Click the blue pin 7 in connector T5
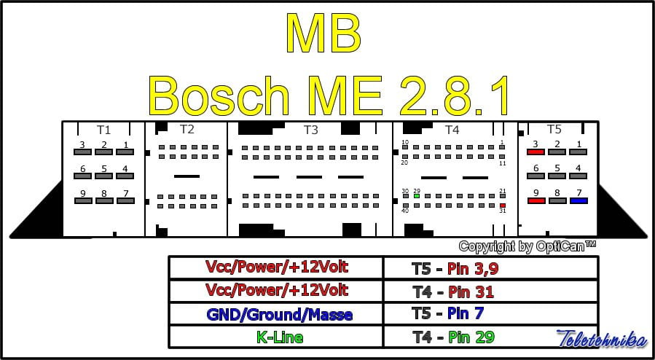point(578,200)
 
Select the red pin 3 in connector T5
point(536,152)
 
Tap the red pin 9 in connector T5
point(536,200)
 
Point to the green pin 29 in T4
point(416,195)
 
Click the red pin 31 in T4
point(503,206)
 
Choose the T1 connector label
point(103,130)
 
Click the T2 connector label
point(187,130)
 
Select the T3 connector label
point(310,130)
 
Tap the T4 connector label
point(452,130)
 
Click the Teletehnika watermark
point(600,339)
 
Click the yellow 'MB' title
point(323,33)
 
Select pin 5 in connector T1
point(104,176)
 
